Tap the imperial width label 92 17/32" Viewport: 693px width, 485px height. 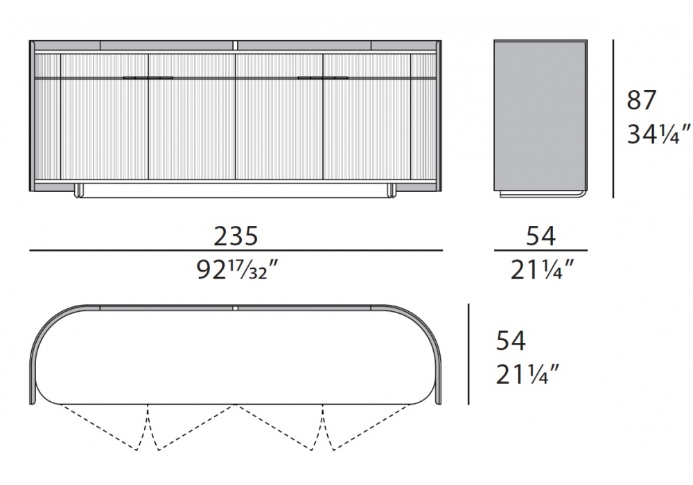[x=237, y=270]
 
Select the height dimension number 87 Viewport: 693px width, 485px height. [x=641, y=100]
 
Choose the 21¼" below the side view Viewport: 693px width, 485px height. [x=543, y=270]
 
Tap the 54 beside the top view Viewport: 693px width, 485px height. [x=511, y=341]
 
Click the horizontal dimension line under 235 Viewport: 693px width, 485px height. [x=236, y=250]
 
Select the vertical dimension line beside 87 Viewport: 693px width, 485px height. [x=613, y=118]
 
